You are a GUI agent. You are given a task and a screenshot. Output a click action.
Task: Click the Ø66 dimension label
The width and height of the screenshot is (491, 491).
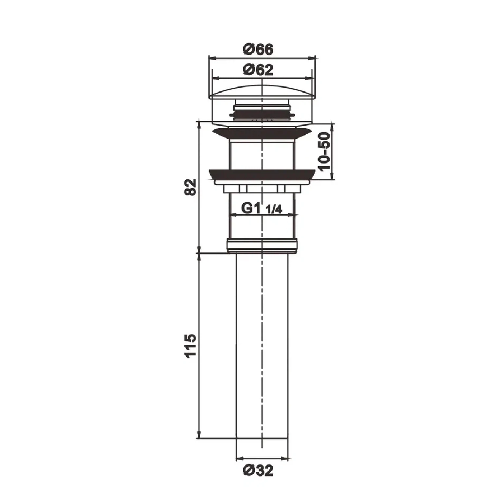point(258,49)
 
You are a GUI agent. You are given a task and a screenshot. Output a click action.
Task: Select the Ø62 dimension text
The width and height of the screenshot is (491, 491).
point(258,70)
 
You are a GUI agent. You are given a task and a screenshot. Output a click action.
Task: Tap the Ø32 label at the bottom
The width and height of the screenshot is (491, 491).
point(258,471)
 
